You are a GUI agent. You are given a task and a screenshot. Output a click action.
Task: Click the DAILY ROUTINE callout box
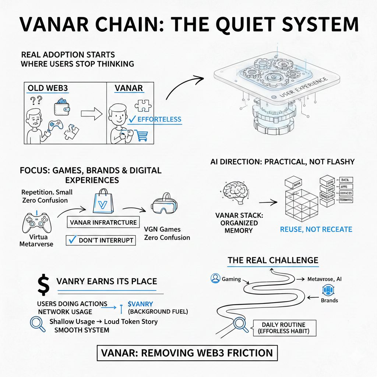tap(284, 328)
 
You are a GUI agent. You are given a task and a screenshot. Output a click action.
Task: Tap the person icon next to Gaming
tap(215, 279)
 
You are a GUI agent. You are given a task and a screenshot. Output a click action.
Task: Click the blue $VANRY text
tap(140, 304)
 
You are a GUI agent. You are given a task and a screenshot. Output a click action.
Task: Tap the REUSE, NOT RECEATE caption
tap(316, 229)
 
